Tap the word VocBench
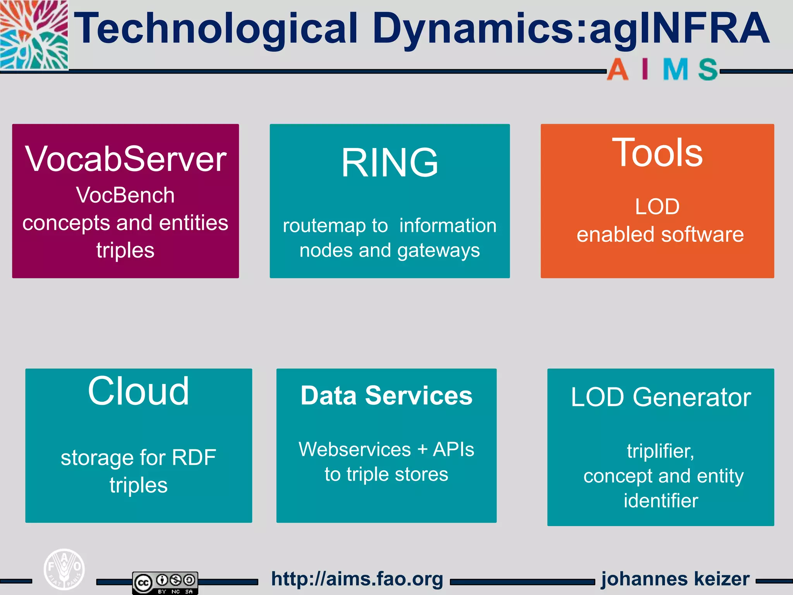point(125,195)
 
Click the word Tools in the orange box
point(657,153)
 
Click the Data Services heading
point(386,396)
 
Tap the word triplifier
point(660,451)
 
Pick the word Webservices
point(354,449)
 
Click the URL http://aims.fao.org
point(357,579)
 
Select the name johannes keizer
point(675,579)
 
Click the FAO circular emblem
point(64,569)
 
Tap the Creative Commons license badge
point(165,582)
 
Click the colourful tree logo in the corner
point(34,35)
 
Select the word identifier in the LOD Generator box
point(661,500)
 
